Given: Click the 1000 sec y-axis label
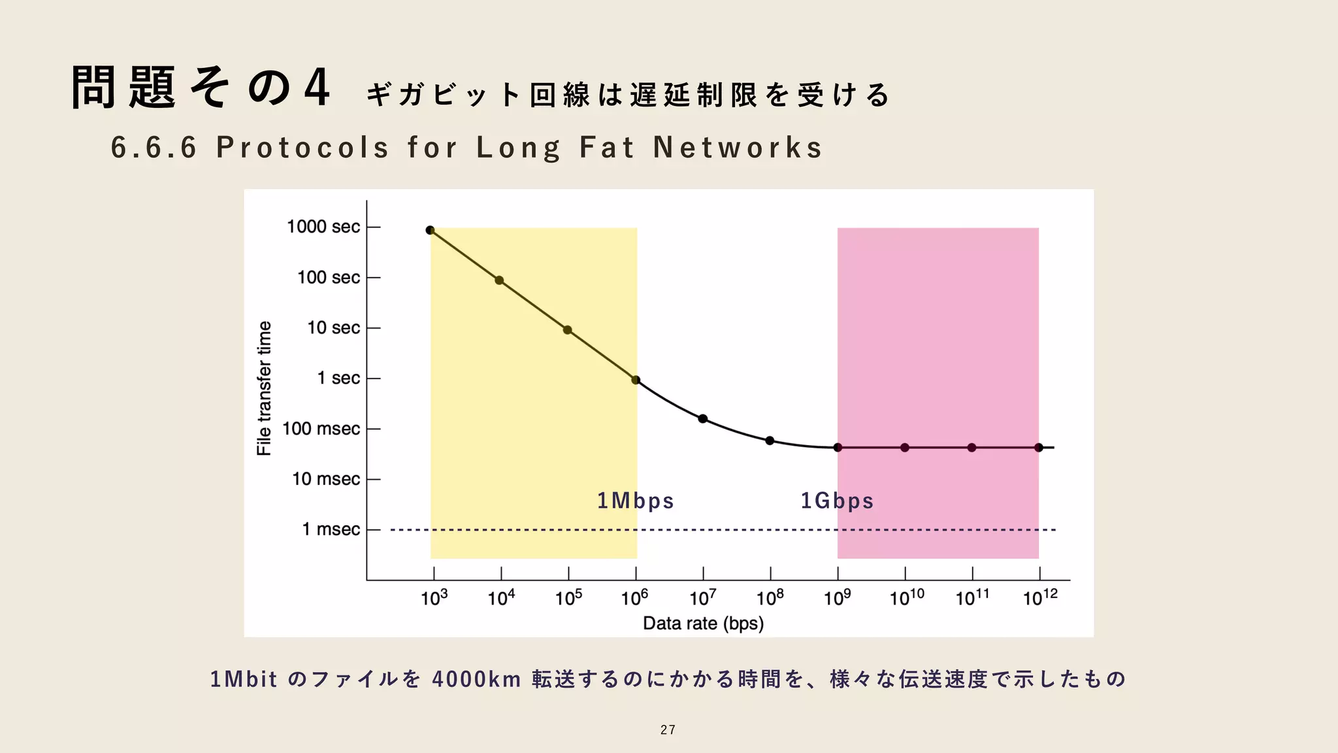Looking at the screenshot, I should (x=323, y=227).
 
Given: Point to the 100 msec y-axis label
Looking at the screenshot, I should (x=321, y=429).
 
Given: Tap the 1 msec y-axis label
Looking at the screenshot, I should (x=331, y=529).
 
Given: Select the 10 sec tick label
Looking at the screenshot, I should (x=333, y=327).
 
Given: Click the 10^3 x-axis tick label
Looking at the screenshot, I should (x=434, y=597).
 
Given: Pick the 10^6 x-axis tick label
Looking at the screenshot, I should (x=634, y=597).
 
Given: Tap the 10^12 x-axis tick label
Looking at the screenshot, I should (x=1040, y=597).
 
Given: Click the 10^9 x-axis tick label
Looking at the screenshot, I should (x=837, y=597).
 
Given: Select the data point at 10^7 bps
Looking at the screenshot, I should (x=703, y=419).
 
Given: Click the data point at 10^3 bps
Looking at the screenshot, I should (x=430, y=230).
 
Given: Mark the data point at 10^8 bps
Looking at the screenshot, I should (x=770, y=441).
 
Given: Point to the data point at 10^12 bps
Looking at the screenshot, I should (x=1039, y=448).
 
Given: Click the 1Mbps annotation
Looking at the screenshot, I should (x=635, y=501).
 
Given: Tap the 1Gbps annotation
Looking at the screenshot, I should (x=837, y=501).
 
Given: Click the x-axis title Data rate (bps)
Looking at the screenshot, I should (x=703, y=624).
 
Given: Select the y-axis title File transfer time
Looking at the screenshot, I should (x=264, y=388).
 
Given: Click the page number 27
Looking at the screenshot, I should (x=668, y=730).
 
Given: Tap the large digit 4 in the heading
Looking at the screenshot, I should (x=317, y=88).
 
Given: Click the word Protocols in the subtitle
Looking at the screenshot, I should (x=303, y=148).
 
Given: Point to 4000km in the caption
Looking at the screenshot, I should (x=476, y=680).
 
